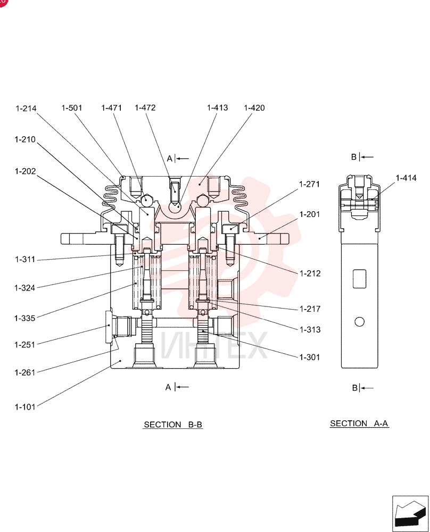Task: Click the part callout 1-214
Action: (26, 108)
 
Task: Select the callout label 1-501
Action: (72, 108)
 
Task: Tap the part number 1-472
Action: (145, 107)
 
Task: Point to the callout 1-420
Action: (254, 108)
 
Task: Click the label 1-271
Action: (310, 184)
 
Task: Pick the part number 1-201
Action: (310, 214)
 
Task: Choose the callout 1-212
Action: (310, 273)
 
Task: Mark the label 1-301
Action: (310, 358)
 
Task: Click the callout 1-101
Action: (25, 407)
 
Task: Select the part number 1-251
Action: (25, 345)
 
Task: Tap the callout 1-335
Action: (25, 318)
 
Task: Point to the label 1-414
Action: (406, 178)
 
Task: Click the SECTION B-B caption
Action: (173, 425)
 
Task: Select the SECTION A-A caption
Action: (359, 423)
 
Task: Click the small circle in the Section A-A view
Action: (359, 322)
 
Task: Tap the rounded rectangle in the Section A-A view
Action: (359, 279)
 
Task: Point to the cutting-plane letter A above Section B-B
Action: (170, 159)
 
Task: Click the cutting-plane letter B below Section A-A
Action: (355, 388)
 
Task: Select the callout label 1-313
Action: (310, 330)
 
